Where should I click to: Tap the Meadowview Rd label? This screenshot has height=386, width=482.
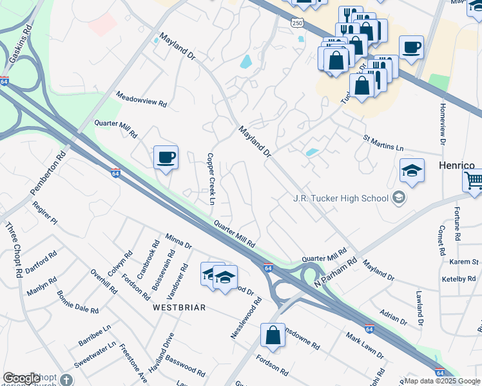(x=141, y=99)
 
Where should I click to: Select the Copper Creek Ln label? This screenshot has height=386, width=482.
(x=210, y=179)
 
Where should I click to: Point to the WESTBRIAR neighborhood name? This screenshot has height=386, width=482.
(x=179, y=308)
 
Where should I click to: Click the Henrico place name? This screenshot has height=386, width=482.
(x=457, y=165)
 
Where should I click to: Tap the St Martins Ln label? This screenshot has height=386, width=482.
(x=387, y=143)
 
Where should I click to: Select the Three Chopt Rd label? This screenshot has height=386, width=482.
(x=13, y=250)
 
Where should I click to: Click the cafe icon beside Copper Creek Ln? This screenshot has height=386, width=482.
(x=166, y=158)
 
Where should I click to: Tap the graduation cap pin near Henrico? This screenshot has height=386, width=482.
(x=412, y=171)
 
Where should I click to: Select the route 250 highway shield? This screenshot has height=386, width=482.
(x=296, y=23)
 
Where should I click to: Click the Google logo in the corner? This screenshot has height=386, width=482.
(x=21, y=378)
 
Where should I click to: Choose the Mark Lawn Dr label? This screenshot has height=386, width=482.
(x=364, y=346)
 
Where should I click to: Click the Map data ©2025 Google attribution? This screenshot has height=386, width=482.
(x=442, y=381)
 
